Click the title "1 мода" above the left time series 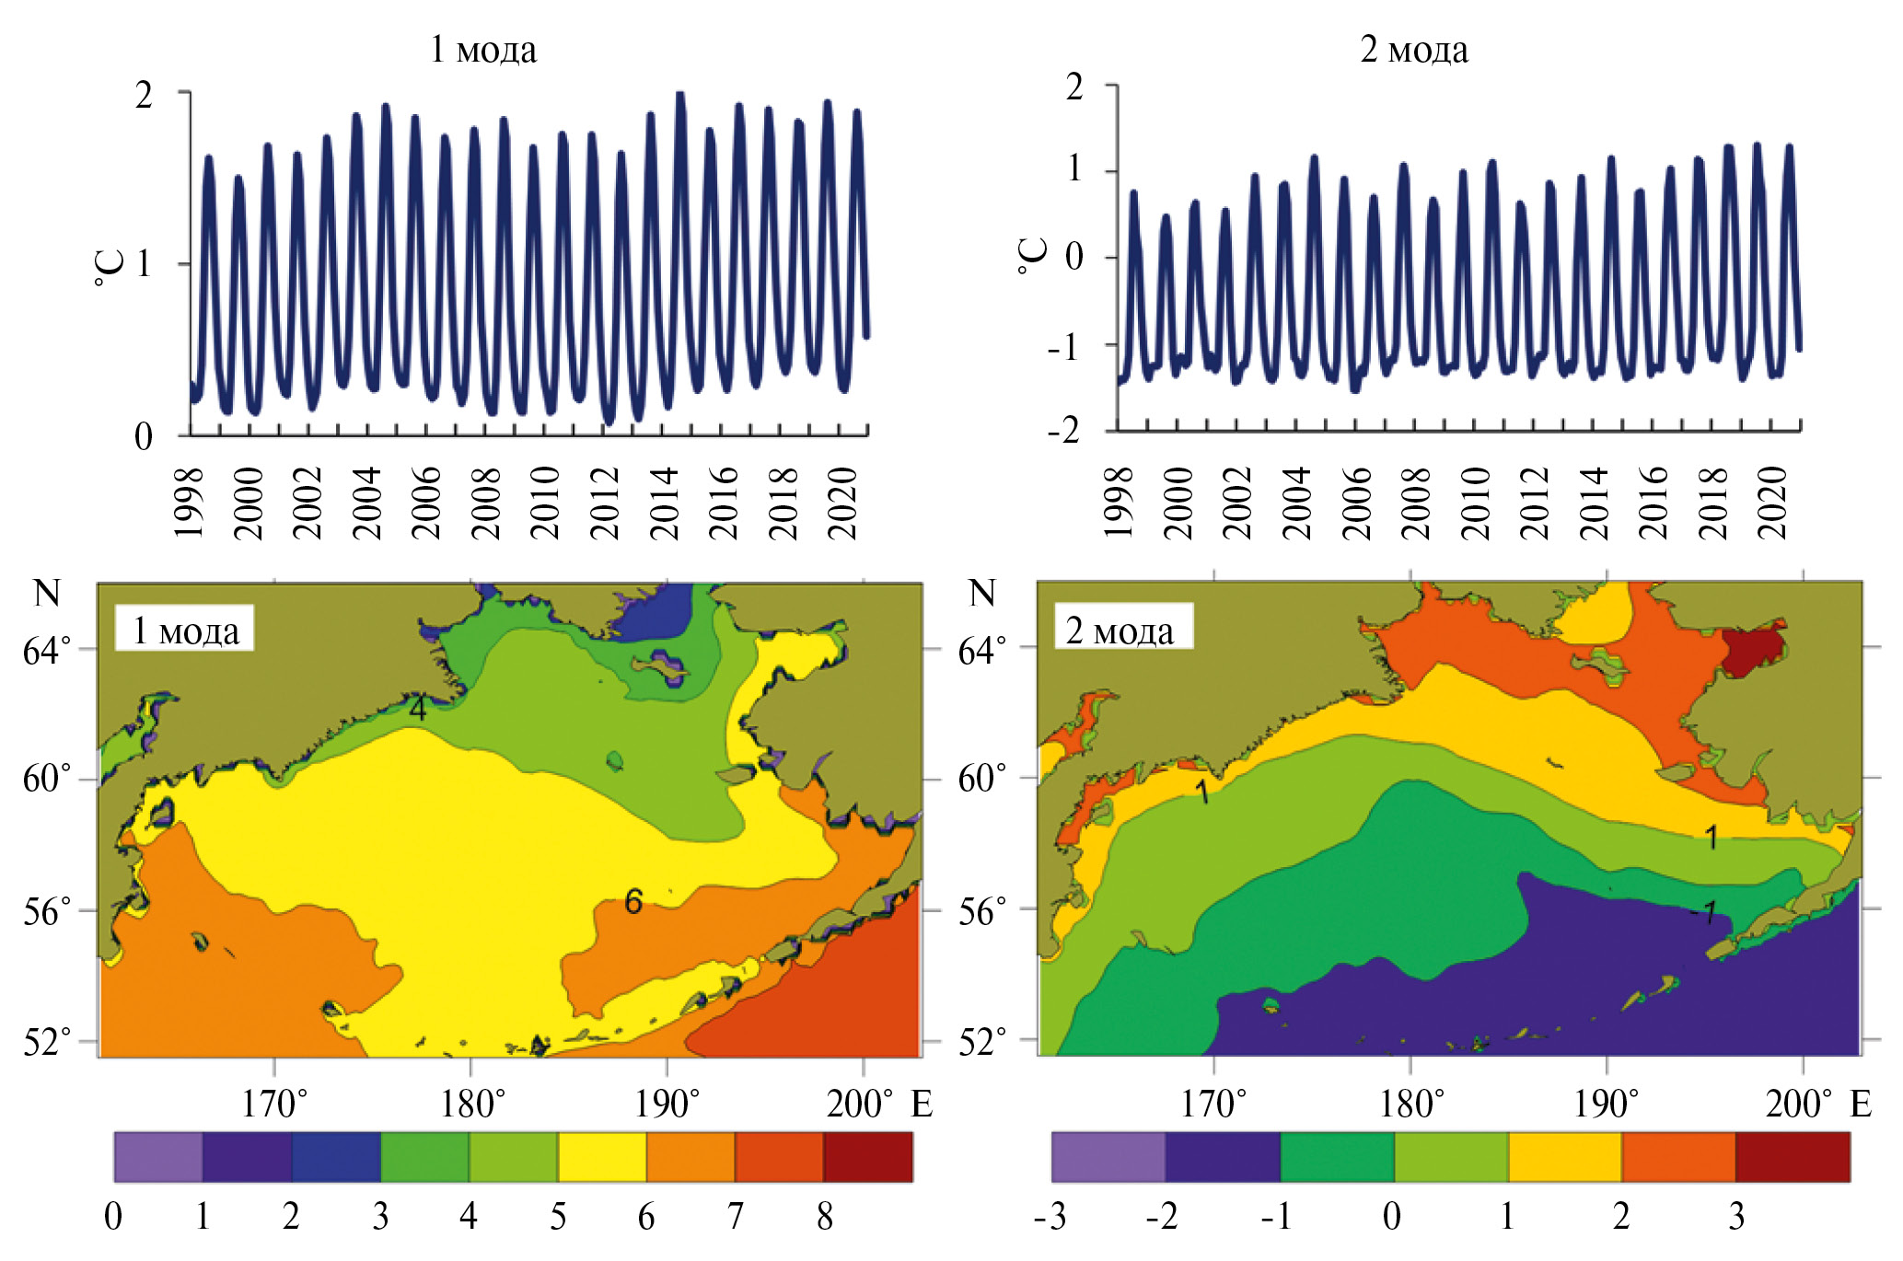(483, 49)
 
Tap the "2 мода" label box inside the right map (1120, 630)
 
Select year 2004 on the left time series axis (366, 503)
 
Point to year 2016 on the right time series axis (1654, 502)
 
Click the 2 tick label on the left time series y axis (144, 95)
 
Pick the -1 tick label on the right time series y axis (1063, 347)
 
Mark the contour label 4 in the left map (418, 709)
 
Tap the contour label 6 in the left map (633, 902)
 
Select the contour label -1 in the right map (1703, 912)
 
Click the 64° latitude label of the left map (46, 651)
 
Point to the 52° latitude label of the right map (981, 1042)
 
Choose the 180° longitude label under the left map (472, 1104)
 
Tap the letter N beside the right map (982, 594)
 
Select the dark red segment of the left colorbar (868, 1157)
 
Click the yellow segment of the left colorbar (602, 1157)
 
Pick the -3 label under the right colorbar (1050, 1217)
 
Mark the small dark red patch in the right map (1752, 650)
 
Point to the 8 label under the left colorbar (825, 1217)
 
